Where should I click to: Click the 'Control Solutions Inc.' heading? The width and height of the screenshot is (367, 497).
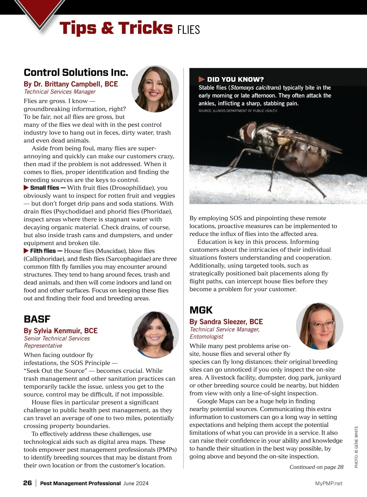[x=76, y=72]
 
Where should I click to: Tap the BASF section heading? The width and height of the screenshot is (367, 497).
[x=37, y=319]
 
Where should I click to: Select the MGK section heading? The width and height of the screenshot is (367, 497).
[x=201, y=310]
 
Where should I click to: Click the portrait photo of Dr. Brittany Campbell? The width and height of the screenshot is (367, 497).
[x=155, y=89]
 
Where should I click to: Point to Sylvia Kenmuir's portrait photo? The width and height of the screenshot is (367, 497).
[x=155, y=335]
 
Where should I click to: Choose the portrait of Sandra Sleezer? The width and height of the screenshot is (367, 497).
[x=320, y=326]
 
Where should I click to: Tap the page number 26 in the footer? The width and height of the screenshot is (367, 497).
[x=28, y=483]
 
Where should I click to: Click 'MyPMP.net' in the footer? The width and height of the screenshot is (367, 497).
[x=329, y=483]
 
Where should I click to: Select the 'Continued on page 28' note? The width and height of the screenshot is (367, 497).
[x=316, y=467]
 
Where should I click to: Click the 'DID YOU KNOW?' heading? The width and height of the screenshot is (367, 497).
[x=235, y=79]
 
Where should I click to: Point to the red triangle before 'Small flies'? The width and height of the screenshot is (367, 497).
[x=26, y=188]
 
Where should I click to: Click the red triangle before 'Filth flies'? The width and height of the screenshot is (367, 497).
[x=26, y=251]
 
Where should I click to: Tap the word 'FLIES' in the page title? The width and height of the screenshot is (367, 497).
[x=188, y=30]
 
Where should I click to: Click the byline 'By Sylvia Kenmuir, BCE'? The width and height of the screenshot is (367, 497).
[x=61, y=331]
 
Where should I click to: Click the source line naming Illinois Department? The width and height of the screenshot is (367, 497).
[x=238, y=111]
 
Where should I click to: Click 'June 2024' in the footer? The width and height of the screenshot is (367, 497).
[x=136, y=483]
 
